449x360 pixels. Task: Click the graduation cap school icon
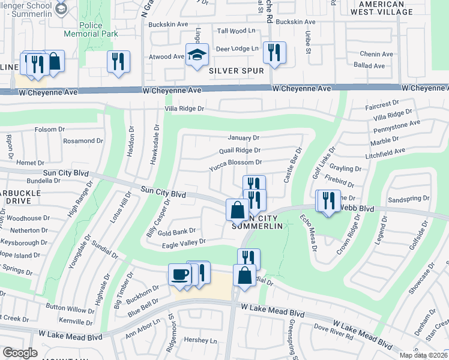(x=197, y=55)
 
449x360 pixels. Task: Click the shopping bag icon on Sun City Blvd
(x=237, y=211)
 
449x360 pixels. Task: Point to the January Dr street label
(x=243, y=137)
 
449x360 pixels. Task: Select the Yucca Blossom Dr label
(x=235, y=162)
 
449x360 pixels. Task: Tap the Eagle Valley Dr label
(x=184, y=242)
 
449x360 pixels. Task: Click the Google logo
(x=20, y=353)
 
